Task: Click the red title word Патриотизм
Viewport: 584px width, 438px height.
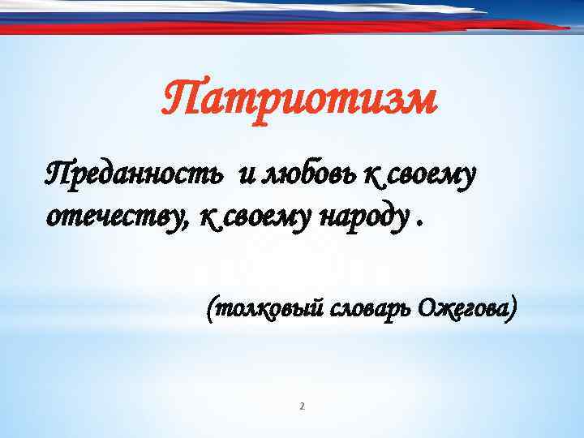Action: coord(298,101)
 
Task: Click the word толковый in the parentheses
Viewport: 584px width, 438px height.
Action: coord(272,309)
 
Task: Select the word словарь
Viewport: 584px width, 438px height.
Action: coord(372,309)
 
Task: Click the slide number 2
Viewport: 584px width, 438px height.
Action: coord(302,406)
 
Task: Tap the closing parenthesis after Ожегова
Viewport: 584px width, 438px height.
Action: coord(511,309)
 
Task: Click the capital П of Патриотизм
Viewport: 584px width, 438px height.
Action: coord(178,101)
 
